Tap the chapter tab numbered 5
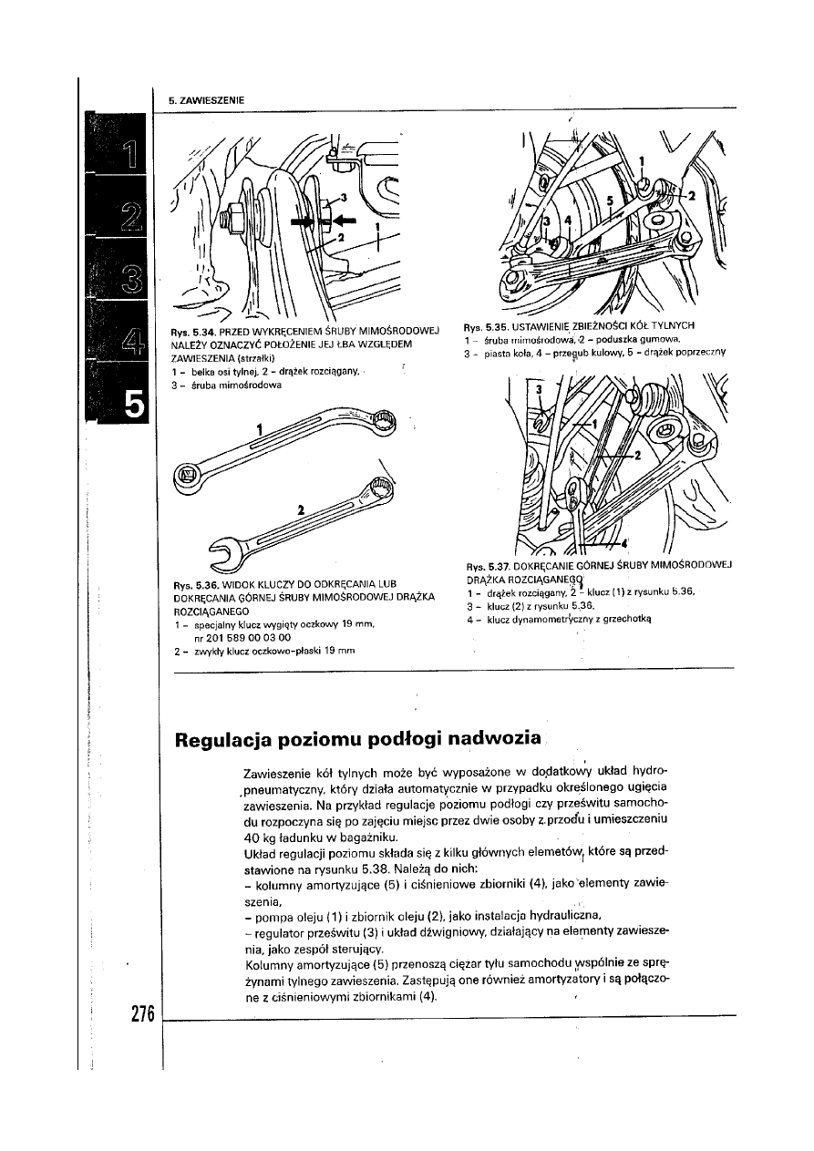[x=132, y=403]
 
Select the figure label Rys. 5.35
[x=484, y=324]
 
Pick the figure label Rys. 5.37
[x=484, y=564]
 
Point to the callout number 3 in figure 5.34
[x=343, y=197]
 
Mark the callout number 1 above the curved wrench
[x=260, y=427]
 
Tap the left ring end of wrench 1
[x=189, y=474]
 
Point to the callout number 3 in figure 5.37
[x=538, y=389]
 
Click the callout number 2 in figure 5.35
[x=690, y=196]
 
